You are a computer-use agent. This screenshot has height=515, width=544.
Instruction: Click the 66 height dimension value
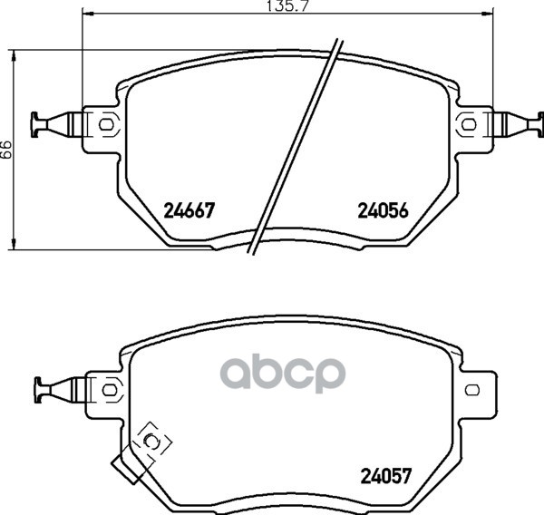pos(6,150)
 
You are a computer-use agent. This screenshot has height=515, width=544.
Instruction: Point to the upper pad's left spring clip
pos(53,123)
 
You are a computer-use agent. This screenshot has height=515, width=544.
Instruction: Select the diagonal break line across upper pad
pos(297,145)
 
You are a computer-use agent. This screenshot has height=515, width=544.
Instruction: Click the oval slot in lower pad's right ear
pos(471,389)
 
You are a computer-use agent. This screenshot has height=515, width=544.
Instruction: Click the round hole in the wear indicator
pos(152,442)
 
